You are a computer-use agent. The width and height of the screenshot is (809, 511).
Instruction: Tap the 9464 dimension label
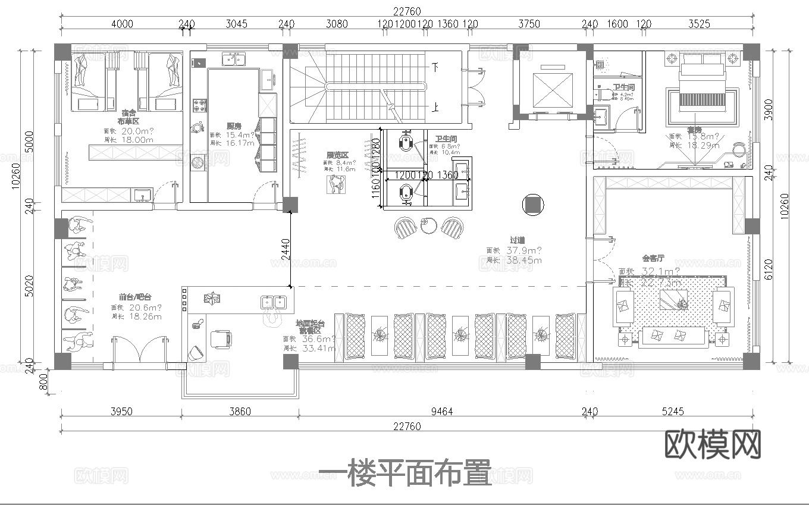[441, 411]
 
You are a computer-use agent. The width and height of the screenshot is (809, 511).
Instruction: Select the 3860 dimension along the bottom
[240, 411]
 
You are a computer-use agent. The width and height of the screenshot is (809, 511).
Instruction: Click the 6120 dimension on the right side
[785, 269]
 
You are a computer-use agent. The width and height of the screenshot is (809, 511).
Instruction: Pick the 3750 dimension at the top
[529, 24]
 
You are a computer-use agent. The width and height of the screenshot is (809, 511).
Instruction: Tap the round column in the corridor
[532, 205]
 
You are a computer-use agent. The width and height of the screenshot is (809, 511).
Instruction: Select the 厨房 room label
[234, 126]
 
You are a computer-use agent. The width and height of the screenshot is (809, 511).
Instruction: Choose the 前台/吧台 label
[134, 297]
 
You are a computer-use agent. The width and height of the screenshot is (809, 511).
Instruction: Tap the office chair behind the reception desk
[221, 339]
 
